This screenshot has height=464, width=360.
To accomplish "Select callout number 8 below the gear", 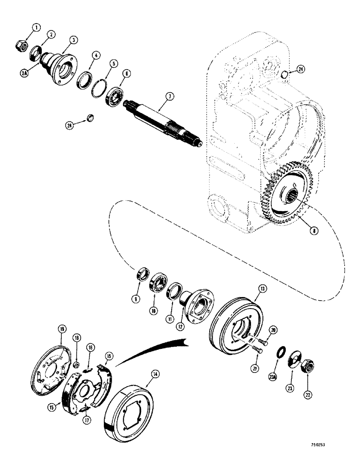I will click(302, 229).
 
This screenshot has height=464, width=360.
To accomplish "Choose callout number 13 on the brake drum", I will click(263, 288).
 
